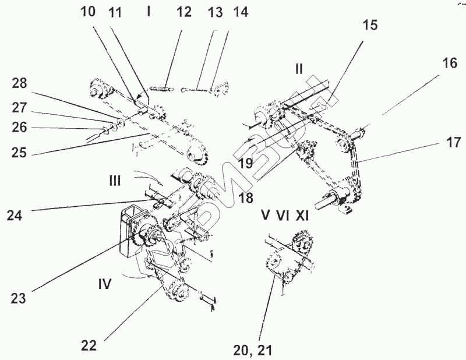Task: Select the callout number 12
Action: coord(184,13)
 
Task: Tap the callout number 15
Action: coord(369,25)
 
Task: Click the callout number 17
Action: coord(454,142)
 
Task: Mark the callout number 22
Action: coord(88,345)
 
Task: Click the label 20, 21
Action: coord(253,350)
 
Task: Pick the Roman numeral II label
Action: coord(298,69)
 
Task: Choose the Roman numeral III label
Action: coord(115,181)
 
